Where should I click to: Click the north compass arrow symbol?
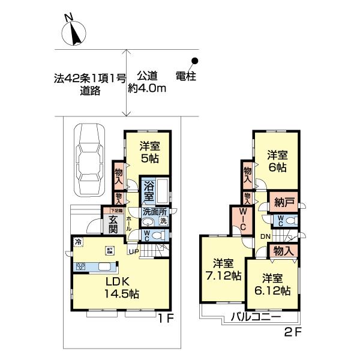75,34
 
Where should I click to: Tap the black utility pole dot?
195,61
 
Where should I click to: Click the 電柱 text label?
187,76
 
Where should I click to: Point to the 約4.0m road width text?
147,88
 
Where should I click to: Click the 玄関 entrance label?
113,223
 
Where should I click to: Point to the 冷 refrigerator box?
77,241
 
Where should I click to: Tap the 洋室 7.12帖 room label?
223,270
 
